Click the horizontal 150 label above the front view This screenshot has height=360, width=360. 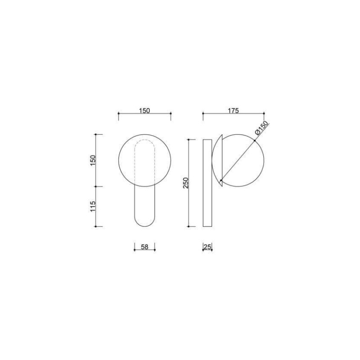(x=144, y=111)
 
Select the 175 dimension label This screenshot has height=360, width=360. (x=233, y=111)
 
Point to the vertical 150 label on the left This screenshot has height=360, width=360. (x=93, y=161)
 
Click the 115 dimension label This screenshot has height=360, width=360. (x=93, y=207)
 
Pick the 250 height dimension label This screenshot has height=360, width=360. (x=186, y=183)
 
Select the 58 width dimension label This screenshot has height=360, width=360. (x=144, y=247)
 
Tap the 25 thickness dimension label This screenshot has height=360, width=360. (x=207, y=247)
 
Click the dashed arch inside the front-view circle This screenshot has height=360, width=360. (x=144, y=140)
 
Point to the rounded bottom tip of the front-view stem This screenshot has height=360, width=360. (x=144, y=226)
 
